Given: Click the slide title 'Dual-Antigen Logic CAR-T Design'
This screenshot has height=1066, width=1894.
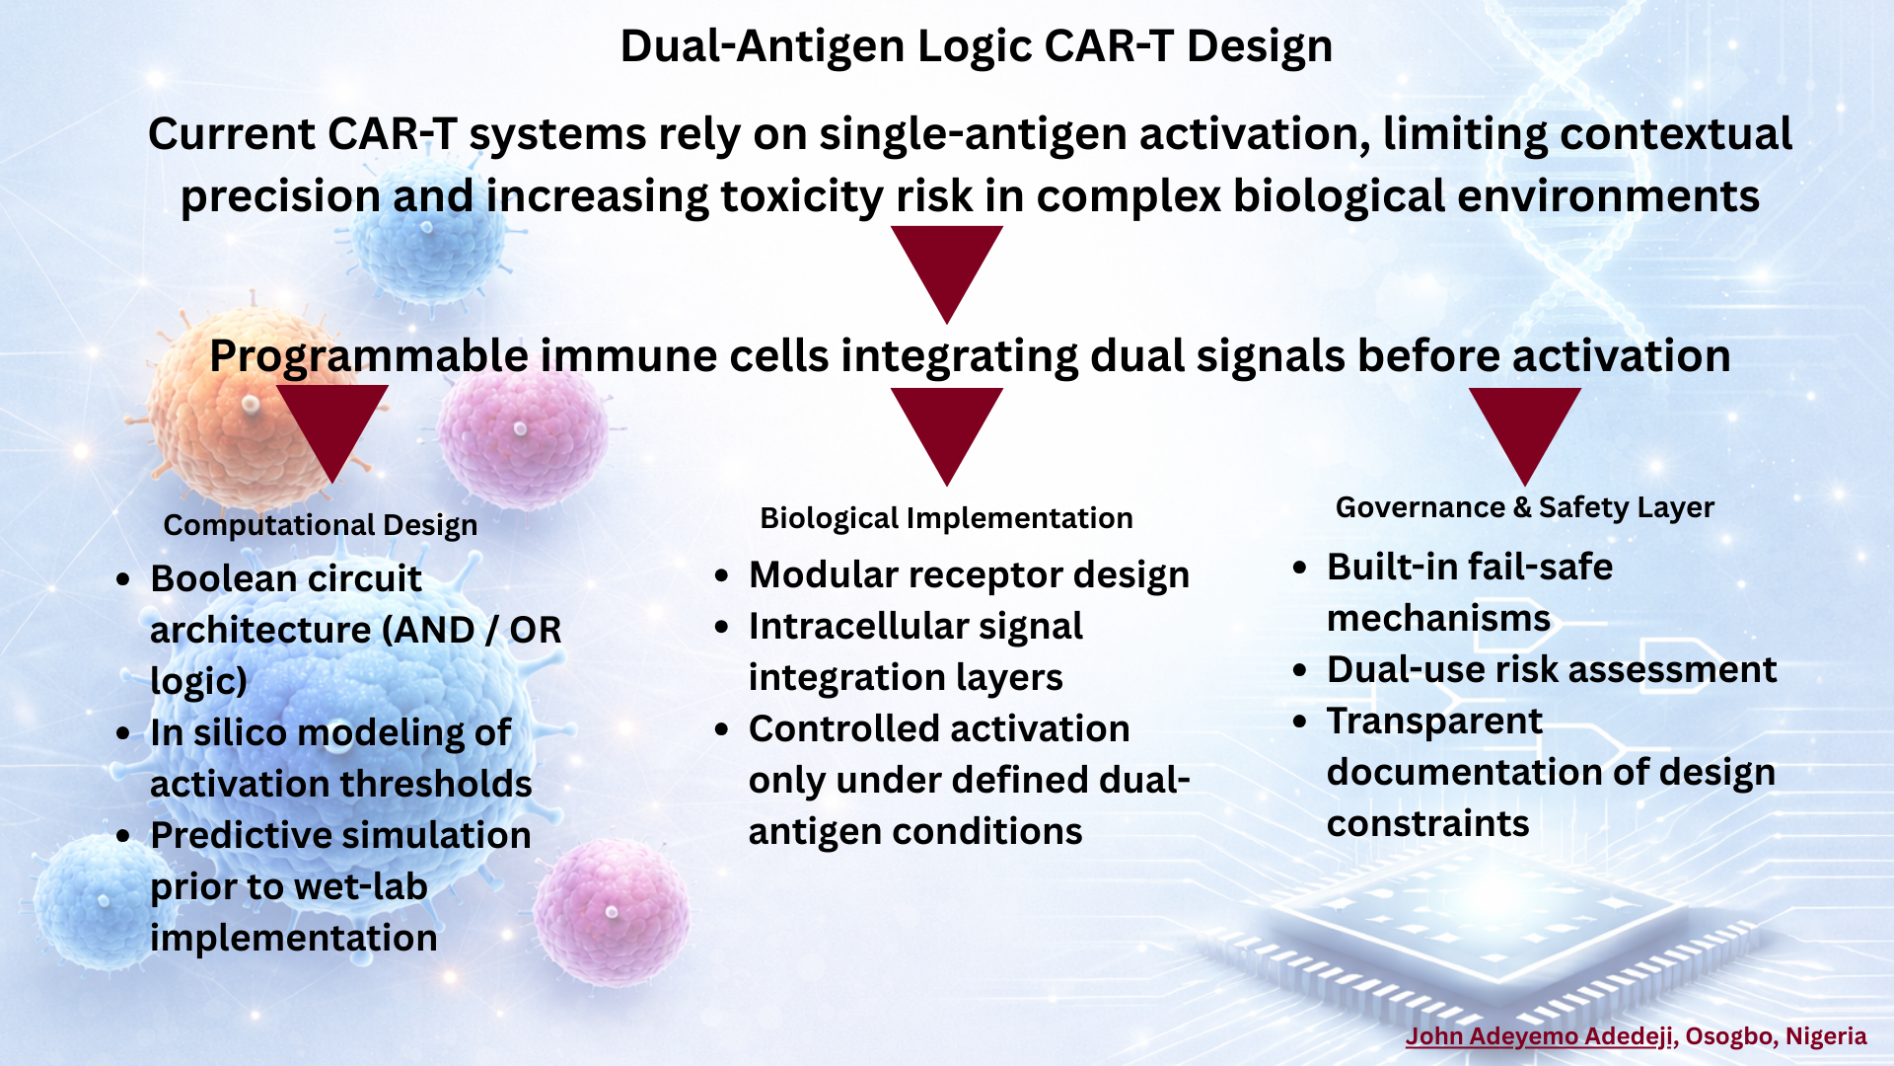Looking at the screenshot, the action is coord(977,46).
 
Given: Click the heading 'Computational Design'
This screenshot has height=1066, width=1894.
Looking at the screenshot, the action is coord(321,525).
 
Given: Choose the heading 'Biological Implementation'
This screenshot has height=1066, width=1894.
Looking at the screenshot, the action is coord(946,518).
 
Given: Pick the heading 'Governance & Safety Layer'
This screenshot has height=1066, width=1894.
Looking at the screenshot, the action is coord(1525,507).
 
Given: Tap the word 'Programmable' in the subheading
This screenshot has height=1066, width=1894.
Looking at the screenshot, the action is coord(369,356).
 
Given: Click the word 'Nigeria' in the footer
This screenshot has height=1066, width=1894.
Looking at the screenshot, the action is coord(1827,1036).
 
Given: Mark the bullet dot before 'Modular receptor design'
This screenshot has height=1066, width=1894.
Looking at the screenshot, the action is coord(723,575).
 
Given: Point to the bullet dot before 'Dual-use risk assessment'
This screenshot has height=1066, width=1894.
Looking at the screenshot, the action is coord(1301,670).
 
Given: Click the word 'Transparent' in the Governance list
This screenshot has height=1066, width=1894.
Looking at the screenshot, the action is coord(1434,722).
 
